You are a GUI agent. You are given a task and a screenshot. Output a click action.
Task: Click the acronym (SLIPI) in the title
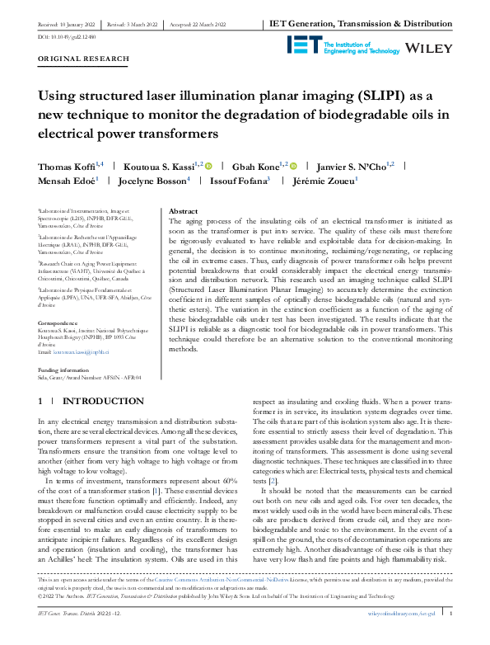click(334, 96)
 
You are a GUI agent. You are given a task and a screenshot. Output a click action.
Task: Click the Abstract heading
click(182, 212)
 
